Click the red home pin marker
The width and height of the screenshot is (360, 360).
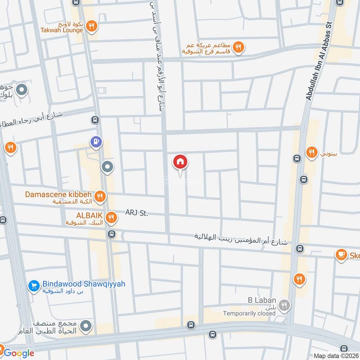pyautogui.click(x=180, y=162)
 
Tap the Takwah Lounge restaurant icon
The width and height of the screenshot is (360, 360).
pyautogui.click(x=91, y=26)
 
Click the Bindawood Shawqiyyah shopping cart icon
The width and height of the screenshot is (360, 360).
pyautogui.click(x=33, y=285)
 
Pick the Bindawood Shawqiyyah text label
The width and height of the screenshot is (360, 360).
pyautogui.click(x=84, y=284)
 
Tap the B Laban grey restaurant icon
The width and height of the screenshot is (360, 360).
pyautogui.click(x=284, y=306)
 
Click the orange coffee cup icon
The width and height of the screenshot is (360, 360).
pyautogui.click(x=342, y=255)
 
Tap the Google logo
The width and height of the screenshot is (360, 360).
pyautogui.click(x=18, y=353)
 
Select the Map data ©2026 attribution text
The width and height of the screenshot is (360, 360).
pyautogui.click(x=336, y=355)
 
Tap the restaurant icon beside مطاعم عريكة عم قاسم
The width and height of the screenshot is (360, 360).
pyautogui.click(x=238, y=46)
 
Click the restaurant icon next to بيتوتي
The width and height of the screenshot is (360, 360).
pyautogui.click(x=311, y=153)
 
